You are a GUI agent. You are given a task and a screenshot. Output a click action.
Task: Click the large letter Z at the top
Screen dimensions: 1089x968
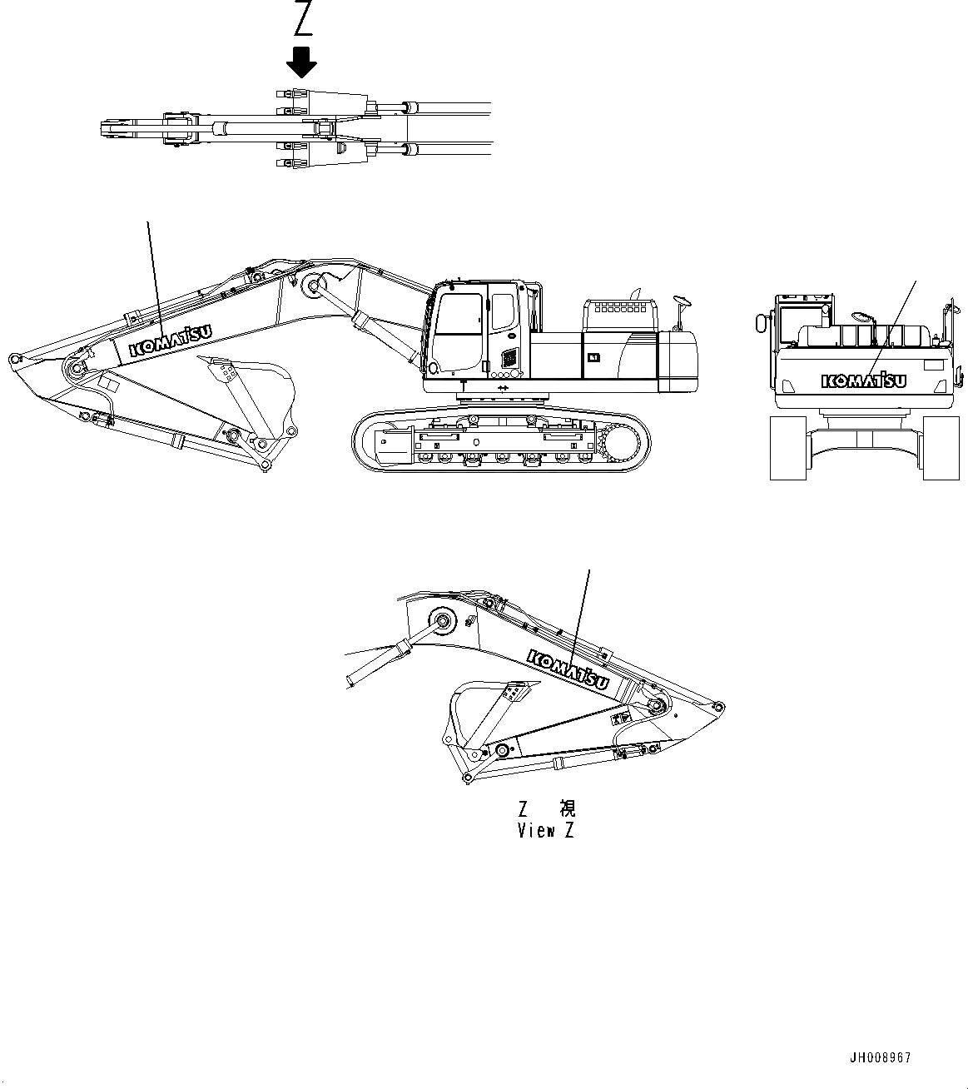302,20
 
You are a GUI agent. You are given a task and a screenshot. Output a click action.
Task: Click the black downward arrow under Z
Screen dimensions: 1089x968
302,62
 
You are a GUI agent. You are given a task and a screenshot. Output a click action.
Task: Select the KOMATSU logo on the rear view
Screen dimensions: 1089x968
863,380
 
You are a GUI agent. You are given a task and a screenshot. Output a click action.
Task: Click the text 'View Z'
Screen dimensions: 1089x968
545,830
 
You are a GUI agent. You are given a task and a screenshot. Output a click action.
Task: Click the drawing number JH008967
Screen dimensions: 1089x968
881,1057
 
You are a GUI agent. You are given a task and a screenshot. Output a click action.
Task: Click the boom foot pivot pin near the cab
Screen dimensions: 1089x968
314,286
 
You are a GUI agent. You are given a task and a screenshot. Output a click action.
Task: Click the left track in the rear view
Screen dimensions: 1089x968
788,448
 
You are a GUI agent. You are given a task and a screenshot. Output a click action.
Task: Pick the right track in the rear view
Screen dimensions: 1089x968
942,448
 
